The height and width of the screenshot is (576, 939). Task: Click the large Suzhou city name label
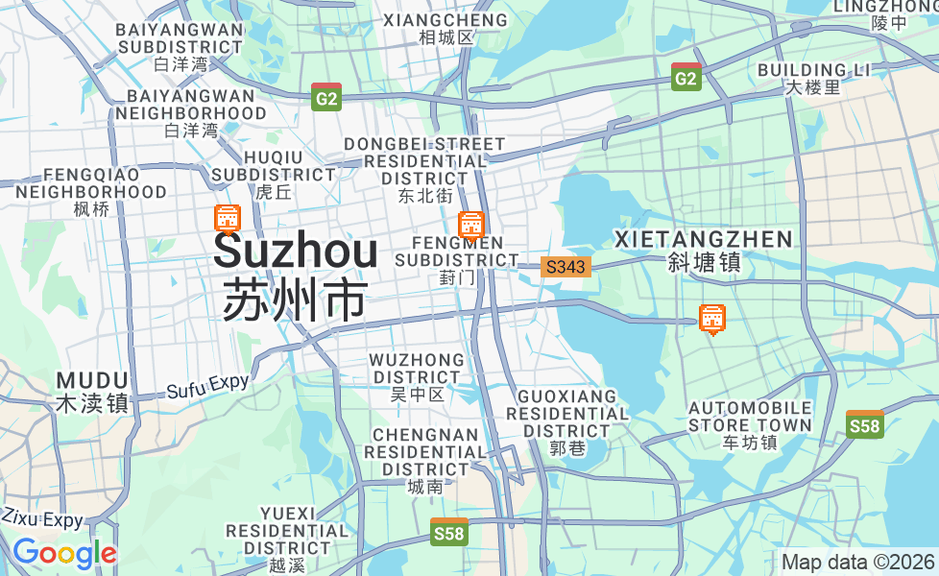(x=295, y=252)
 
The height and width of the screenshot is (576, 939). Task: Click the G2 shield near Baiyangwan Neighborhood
(x=326, y=97)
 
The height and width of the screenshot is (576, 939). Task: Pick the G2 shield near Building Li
(x=686, y=78)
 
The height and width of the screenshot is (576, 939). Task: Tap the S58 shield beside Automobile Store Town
(x=865, y=424)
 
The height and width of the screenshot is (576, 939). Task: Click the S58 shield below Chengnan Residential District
(x=448, y=532)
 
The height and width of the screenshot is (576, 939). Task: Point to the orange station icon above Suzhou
(x=228, y=220)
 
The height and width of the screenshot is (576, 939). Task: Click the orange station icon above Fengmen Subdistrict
(x=470, y=225)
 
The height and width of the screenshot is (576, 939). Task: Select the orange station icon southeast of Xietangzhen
(x=711, y=319)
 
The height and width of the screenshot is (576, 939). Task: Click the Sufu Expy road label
(x=207, y=387)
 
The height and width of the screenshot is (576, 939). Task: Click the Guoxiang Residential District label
(x=567, y=414)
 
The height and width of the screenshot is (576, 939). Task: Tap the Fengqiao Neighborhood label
(x=91, y=183)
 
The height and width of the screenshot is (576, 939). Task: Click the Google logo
(x=64, y=553)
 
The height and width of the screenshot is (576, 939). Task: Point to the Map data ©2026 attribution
(x=857, y=562)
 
